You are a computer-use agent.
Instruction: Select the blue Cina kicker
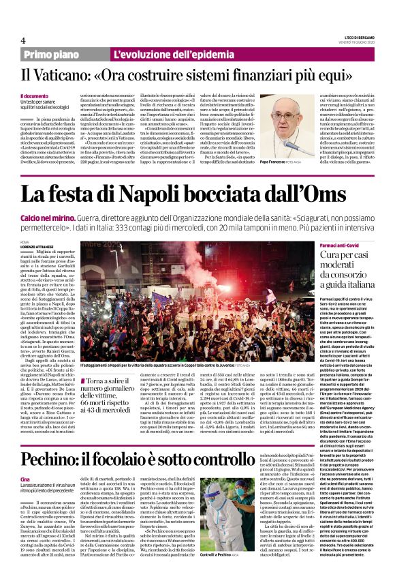25,460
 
